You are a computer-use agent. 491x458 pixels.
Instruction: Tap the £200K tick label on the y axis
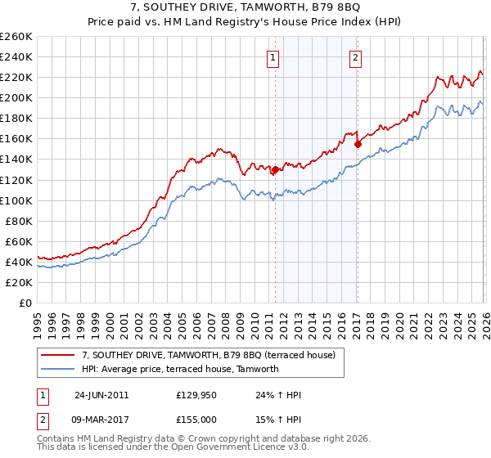pos(16,97)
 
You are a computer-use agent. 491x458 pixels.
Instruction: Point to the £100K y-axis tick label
pos(16,200)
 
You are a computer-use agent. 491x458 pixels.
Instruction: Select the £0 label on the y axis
pos(25,303)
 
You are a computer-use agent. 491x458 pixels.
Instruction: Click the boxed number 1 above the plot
pos(273,57)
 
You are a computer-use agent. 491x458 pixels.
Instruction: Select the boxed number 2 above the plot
pos(357,57)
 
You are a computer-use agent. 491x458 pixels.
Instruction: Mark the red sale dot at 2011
pos(275,170)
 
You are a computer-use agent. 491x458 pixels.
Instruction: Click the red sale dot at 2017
pos(358,144)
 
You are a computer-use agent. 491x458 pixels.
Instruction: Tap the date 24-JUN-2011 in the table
pos(101,395)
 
